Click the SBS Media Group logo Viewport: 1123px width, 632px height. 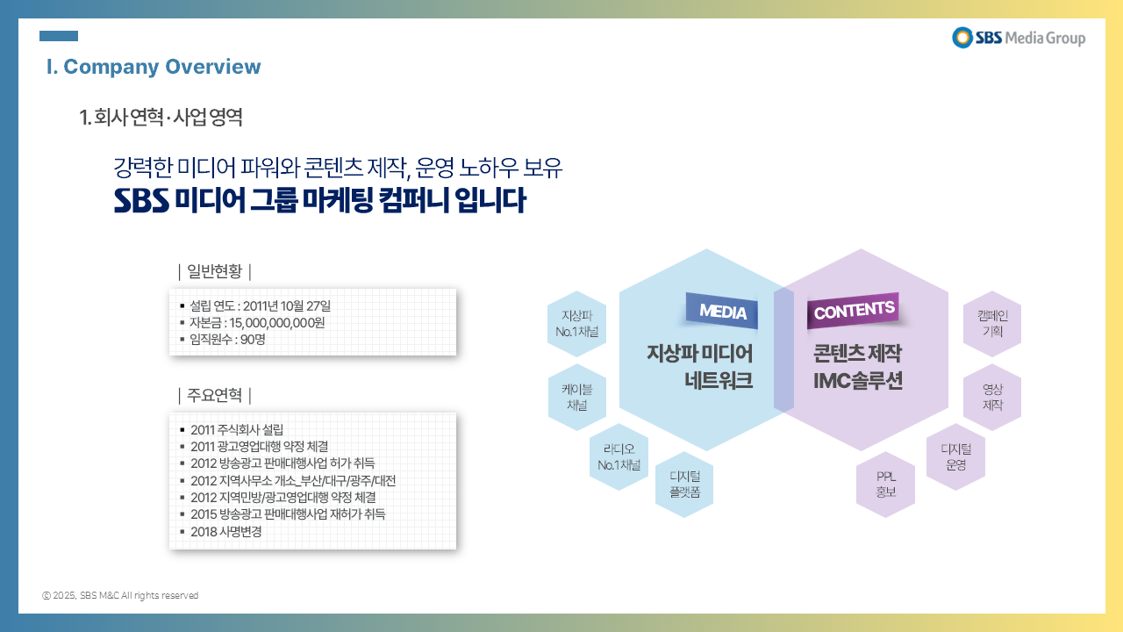(x=1019, y=38)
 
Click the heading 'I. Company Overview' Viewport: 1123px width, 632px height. (x=154, y=67)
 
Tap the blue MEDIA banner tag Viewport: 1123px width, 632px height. (x=722, y=311)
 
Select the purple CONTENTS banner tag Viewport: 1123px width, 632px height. (x=854, y=310)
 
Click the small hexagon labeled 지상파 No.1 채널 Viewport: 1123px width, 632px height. (x=577, y=324)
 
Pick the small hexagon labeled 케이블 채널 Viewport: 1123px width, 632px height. (x=577, y=397)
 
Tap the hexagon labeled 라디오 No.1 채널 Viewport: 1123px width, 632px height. (x=619, y=457)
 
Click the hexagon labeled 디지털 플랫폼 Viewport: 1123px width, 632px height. (x=684, y=484)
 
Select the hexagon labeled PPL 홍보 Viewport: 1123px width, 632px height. (x=886, y=484)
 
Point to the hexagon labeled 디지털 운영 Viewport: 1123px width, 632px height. (x=956, y=457)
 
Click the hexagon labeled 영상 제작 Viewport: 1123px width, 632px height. (x=992, y=397)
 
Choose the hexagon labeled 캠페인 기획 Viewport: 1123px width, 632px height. (x=992, y=324)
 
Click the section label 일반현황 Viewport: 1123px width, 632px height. (x=215, y=271)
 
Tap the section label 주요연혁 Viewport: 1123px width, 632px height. (x=215, y=395)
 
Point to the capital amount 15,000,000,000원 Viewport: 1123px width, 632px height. (x=277, y=322)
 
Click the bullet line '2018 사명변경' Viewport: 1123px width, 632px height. (x=226, y=531)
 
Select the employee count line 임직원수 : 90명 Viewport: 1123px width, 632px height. (x=227, y=340)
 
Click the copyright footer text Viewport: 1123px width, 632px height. (x=120, y=595)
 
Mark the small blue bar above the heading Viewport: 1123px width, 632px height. (x=59, y=36)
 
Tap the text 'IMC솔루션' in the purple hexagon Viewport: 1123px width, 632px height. (x=858, y=381)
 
